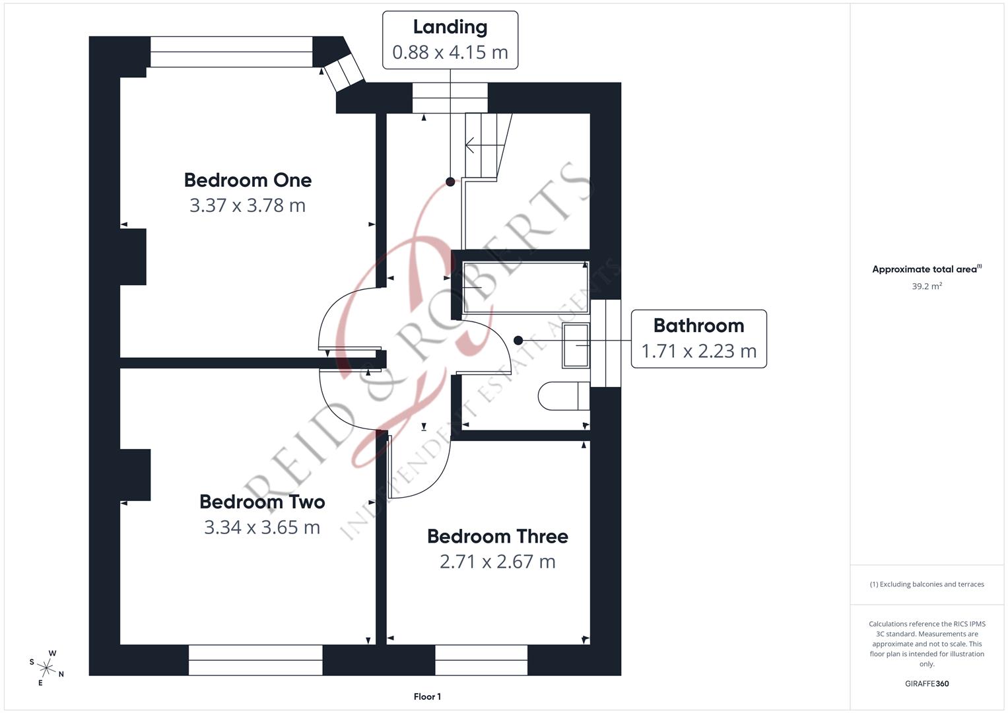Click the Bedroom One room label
[248, 180]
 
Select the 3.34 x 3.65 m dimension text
[262, 527]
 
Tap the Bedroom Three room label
[497, 536]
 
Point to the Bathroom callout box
[698, 339]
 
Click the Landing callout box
[450, 40]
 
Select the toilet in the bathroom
[562, 396]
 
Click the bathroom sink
[575, 345]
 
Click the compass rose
[47, 667]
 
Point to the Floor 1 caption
[427, 696]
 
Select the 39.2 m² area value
[926, 287]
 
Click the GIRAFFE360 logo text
[926, 683]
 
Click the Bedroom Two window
[255, 660]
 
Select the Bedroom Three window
[481, 660]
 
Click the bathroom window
[605, 343]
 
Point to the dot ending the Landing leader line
[450, 182]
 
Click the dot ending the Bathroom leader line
[518, 341]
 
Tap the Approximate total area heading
[926, 269]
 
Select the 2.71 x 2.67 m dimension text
[497, 562]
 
